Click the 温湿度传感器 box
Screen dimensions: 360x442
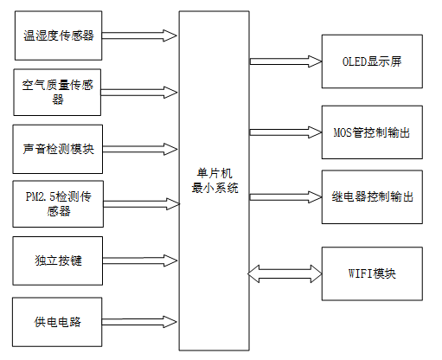(x=59, y=35)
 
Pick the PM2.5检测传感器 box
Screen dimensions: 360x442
(x=59, y=204)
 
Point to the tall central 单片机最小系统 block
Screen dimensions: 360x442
(x=214, y=181)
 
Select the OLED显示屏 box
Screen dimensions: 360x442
(x=372, y=62)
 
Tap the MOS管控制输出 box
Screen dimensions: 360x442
(x=372, y=132)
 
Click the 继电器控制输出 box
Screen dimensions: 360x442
(x=372, y=196)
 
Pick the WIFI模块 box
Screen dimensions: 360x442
(x=372, y=273)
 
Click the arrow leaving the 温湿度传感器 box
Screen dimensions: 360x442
(x=140, y=35)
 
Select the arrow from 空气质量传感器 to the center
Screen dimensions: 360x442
(x=140, y=89)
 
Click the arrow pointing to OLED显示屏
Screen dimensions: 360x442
(x=285, y=61)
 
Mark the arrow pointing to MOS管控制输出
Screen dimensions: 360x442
(x=285, y=132)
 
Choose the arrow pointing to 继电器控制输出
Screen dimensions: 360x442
(x=285, y=196)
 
